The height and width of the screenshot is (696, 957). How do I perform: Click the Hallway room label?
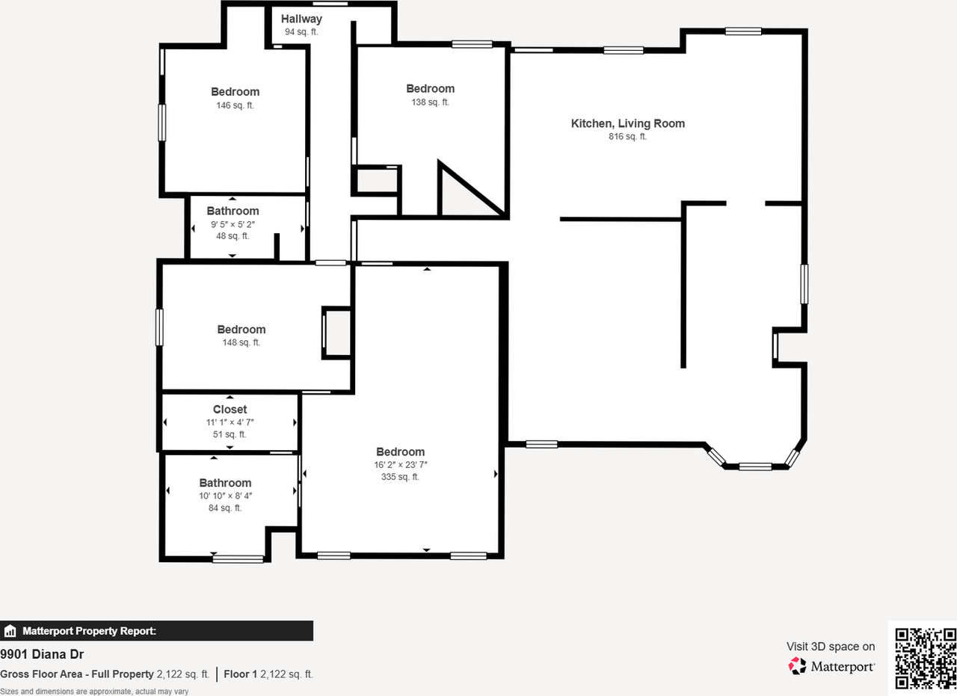click(x=301, y=19)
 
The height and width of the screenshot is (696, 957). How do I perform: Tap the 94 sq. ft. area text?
click(x=301, y=32)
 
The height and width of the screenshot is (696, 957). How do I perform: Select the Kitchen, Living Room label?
click(x=627, y=123)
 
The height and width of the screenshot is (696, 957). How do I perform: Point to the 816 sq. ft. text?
click(x=627, y=137)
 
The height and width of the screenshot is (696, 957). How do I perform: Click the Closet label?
click(x=230, y=410)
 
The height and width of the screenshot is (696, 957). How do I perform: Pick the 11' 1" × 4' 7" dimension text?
click(x=230, y=422)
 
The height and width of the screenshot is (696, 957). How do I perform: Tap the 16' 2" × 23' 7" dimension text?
click(x=400, y=464)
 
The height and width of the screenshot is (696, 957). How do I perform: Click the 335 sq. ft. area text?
click(x=400, y=477)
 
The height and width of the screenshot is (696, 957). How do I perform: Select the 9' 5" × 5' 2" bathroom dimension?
click(x=233, y=224)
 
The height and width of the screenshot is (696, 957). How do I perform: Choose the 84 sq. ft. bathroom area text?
click(x=225, y=508)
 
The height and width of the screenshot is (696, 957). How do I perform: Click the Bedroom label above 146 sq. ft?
click(x=235, y=92)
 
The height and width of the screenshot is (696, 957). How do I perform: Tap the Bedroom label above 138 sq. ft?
click(x=430, y=89)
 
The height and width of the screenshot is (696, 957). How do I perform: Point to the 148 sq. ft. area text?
click(x=241, y=342)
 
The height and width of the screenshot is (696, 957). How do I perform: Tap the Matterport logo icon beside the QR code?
click(x=798, y=665)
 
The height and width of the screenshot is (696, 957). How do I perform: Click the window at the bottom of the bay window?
click(x=754, y=466)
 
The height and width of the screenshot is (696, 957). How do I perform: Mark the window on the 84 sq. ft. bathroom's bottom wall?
click(x=238, y=558)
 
